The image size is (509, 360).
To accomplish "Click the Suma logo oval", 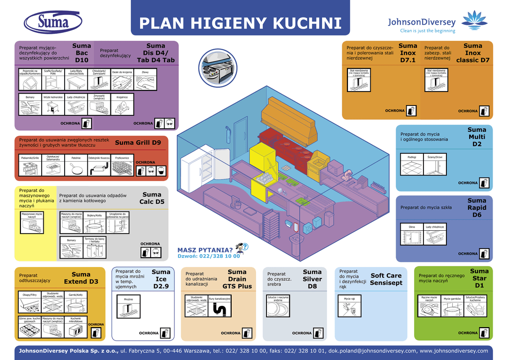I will tap(54, 22).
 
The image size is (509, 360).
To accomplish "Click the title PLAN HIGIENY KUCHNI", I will tap(240, 23).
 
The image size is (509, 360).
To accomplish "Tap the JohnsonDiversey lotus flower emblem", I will tap(474, 19).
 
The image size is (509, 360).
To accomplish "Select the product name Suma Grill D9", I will tap(138, 143).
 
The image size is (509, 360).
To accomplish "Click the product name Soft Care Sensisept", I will tap(386, 279).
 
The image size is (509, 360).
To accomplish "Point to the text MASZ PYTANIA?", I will tap(205, 250).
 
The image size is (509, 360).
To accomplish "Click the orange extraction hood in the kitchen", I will tap(288, 120).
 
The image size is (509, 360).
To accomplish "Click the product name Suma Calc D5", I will tap(152, 198).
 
